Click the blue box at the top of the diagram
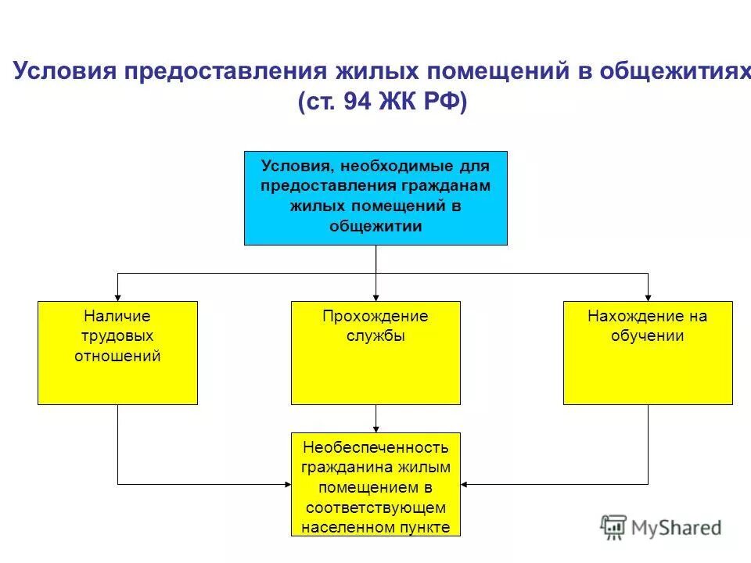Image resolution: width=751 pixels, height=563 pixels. point(375,198)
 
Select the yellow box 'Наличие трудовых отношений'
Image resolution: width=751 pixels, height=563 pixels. point(117,353)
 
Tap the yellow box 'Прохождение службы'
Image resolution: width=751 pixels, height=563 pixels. point(375,353)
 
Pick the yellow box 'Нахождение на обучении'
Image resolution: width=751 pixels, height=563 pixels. point(648,353)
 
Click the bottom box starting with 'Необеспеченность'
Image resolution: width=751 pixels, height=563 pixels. point(375,484)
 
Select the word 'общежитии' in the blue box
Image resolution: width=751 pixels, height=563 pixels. point(375,227)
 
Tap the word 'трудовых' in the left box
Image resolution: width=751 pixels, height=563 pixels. point(117,336)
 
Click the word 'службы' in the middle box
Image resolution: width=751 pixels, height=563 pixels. point(375,336)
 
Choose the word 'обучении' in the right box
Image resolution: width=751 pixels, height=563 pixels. point(648,336)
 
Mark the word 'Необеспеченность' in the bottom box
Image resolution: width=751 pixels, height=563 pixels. point(375,447)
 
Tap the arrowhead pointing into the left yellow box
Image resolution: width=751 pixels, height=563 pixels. point(117,296)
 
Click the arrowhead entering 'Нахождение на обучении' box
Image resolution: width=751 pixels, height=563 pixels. point(648,296)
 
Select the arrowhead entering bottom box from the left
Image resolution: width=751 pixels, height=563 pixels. point(286,484)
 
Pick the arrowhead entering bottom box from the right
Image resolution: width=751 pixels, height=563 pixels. point(465,484)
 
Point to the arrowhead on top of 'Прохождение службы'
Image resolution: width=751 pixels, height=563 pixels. point(375,296)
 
